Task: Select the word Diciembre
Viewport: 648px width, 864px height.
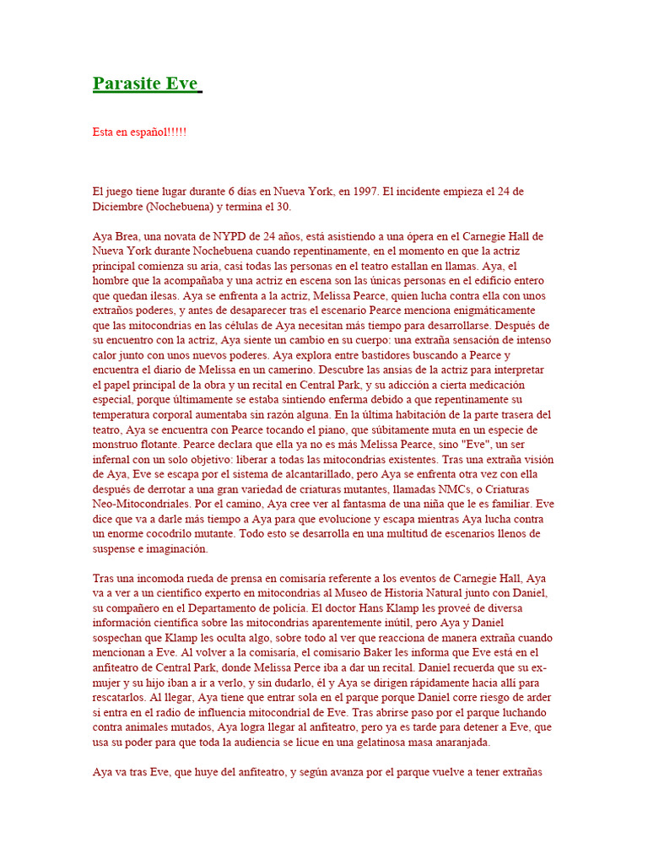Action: click(x=116, y=208)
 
